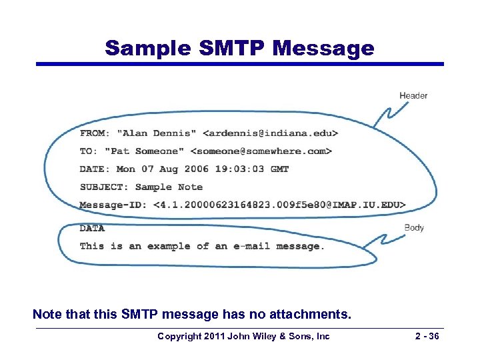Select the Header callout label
click(413, 96)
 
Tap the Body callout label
click(414, 228)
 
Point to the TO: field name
click(87, 151)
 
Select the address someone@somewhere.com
click(261, 151)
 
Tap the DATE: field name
click(95, 169)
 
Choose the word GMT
click(279, 169)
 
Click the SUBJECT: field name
click(105, 187)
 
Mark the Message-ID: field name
click(113, 205)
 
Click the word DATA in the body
click(92, 228)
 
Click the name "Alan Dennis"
click(157, 133)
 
